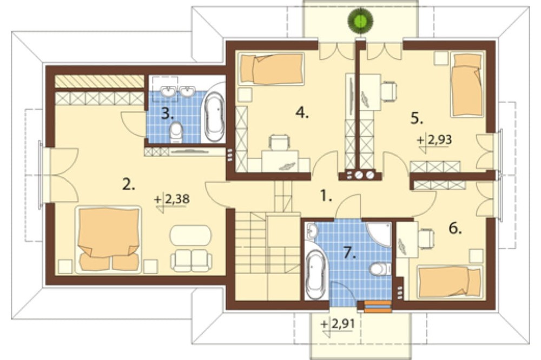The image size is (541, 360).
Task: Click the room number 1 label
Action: coord(326,196)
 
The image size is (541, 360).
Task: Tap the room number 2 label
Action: coord(128,185)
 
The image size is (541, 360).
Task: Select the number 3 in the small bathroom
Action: coord(168,114)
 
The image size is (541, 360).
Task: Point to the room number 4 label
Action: coord(302,112)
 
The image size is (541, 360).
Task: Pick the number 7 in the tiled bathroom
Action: coord(350,254)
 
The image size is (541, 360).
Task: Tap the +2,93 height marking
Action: coord(434,140)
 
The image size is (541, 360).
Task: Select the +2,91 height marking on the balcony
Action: coord(338,324)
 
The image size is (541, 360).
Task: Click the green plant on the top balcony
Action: coord(360,21)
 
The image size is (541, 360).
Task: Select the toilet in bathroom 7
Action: coord(380,269)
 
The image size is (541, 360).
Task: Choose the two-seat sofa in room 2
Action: coord(191,261)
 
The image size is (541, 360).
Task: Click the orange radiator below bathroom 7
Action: coord(378,306)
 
